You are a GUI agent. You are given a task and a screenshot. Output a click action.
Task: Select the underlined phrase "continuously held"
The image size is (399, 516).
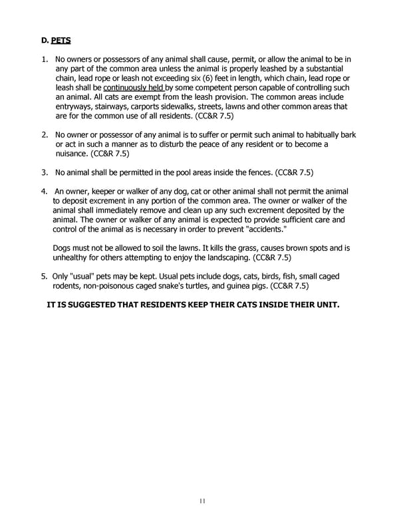click(133, 87)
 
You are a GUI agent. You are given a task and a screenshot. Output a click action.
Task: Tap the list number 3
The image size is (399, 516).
click(44, 172)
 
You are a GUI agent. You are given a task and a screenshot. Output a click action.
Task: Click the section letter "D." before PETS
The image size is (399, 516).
click(45, 41)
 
